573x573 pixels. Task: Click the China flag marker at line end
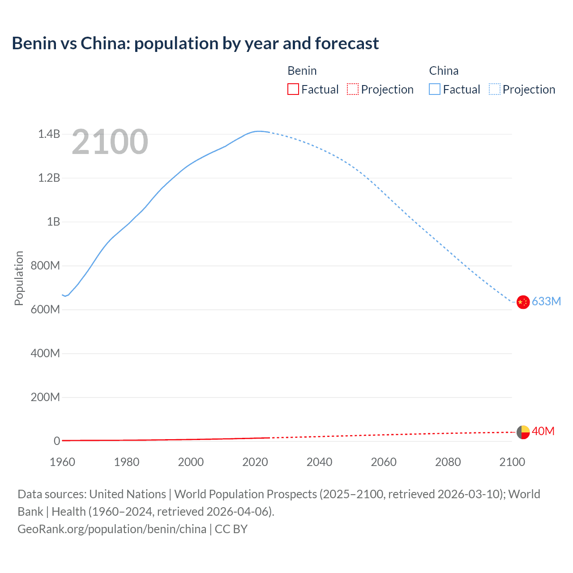pos(523,302)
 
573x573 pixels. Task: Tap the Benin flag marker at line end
pos(523,432)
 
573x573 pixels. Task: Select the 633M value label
pos(546,301)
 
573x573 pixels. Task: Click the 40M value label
pos(543,431)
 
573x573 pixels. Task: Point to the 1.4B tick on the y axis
pos(49,134)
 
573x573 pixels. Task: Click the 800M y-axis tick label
pos(45,265)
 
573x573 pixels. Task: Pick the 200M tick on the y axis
pos(45,397)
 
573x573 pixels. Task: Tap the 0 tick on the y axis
pos(57,441)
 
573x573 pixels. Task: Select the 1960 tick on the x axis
pos(62,462)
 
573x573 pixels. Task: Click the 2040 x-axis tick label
pos(319,462)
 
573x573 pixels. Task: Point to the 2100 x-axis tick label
pos(512,462)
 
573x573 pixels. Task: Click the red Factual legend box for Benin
pos(293,90)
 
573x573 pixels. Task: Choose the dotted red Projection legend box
pos(353,90)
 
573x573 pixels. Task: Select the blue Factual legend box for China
pos(434,90)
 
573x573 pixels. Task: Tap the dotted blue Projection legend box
pos(494,90)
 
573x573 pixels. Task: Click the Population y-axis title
pos(19,278)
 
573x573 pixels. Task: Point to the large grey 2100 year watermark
pos(110,142)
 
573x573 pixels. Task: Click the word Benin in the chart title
pos(34,43)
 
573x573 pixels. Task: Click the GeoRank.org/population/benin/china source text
pos(112,529)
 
